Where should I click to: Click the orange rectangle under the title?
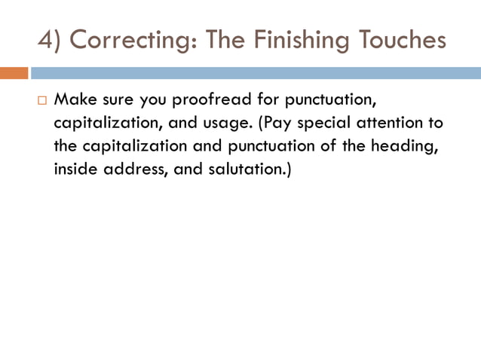pos(14,74)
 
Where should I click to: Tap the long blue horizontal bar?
pos(255,74)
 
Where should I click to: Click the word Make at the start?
pos(74,100)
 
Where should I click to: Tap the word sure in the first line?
pos(118,100)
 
